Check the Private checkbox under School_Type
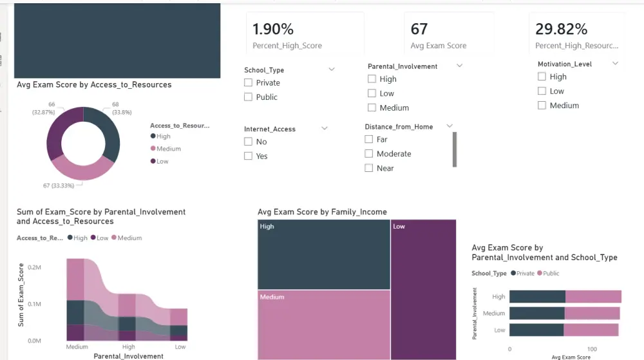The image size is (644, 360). point(249,83)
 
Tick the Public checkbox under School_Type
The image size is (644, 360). point(249,97)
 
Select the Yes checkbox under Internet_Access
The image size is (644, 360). point(249,156)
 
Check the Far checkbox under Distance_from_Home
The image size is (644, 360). point(369,140)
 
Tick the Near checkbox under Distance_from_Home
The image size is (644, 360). point(369,168)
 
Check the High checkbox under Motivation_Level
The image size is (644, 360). point(542,77)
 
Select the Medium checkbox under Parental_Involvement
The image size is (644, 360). point(372,108)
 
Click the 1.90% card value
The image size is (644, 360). point(273,29)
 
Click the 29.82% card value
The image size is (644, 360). point(562,29)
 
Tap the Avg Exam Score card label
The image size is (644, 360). point(439,46)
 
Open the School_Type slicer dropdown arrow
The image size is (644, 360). point(332,70)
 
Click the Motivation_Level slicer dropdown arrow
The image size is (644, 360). point(615,64)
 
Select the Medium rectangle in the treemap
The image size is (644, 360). point(324,324)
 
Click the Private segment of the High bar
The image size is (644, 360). point(537,297)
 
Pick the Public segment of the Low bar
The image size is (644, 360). point(591,330)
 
